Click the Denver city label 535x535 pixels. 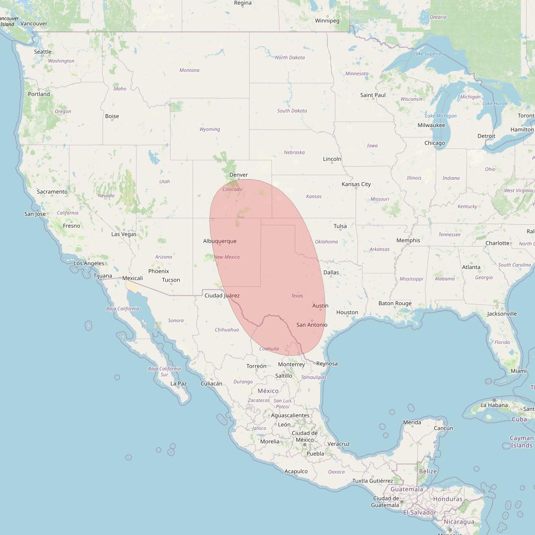(x=238, y=175)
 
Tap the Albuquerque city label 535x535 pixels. (x=219, y=241)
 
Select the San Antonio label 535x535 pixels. (x=312, y=325)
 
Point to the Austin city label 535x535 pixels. (x=320, y=306)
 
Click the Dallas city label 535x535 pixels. (x=331, y=272)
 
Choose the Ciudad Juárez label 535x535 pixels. (x=222, y=296)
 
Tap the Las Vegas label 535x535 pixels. (x=124, y=234)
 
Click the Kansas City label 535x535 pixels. (x=356, y=184)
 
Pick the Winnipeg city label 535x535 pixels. (x=327, y=21)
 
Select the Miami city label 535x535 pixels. (x=519, y=371)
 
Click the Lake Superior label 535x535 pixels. (x=428, y=54)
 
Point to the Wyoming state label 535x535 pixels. (x=209, y=130)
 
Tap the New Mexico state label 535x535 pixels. (x=226, y=257)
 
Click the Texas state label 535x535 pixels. (x=297, y=296)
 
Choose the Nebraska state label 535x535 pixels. (x=294, y=152)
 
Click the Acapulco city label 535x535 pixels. (x=296, y=471)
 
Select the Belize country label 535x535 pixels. (x=428, y=471)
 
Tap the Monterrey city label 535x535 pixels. (x=291, y=364)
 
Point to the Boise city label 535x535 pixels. (x=112, y=116)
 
